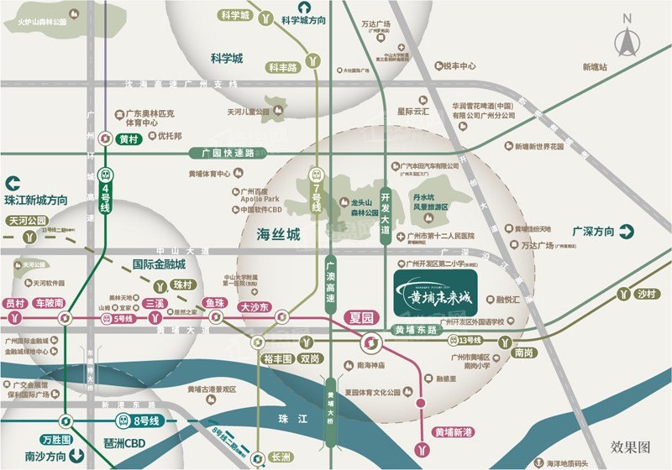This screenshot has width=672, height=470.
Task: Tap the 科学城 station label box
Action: (234, 15)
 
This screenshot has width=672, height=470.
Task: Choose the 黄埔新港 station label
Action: (454, 432)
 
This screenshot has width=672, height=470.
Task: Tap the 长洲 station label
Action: (281, 457)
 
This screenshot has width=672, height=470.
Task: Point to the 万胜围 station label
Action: (57, 439)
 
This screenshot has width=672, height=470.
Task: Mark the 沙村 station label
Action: (645, 294)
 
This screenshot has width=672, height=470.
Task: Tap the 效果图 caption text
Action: (631, 446)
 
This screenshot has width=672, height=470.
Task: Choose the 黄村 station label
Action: (129, 139)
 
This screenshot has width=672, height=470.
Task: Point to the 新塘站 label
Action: (595, 67)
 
